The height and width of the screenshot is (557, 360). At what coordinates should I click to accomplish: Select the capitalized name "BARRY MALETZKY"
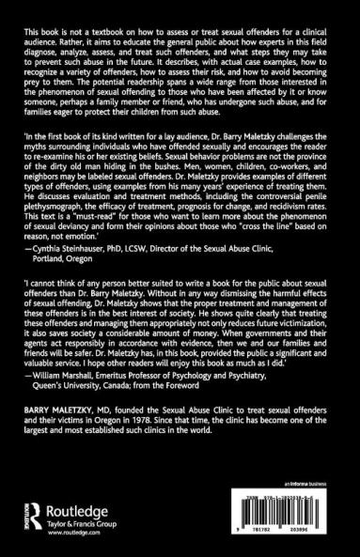[55, 449]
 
